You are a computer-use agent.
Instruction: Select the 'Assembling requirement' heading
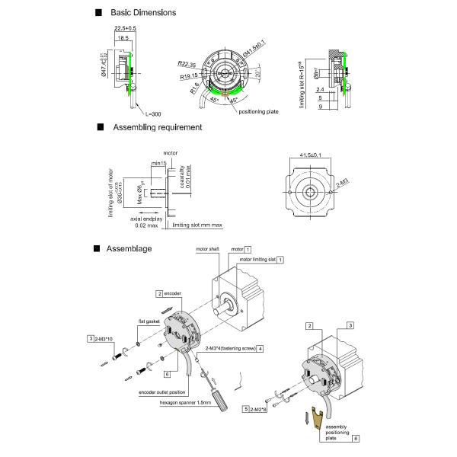pos(157,127)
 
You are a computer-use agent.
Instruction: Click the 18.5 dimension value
pos(123,37)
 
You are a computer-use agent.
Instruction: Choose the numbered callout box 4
pos(260,348)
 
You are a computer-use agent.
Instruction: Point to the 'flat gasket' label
pos(148,321)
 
